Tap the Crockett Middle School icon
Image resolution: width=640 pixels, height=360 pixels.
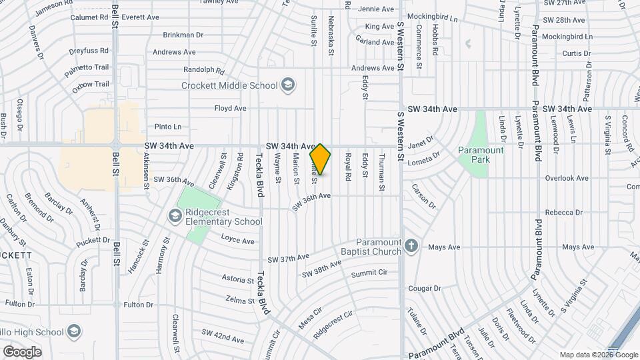click(x=287, y=85)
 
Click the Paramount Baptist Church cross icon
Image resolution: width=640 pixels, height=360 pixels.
click(x=411, y=246)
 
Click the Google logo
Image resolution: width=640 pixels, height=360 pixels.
click(x=22, y=351)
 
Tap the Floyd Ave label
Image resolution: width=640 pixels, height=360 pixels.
click(x=230, y=108)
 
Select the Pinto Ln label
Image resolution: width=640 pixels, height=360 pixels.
click(x=167, y=127)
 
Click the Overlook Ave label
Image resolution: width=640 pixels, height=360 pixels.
click(x=567, y=178)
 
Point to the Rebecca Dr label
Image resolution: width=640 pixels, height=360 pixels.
click(x=563, y=212)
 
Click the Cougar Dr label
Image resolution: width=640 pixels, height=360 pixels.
click(x=421, y=288)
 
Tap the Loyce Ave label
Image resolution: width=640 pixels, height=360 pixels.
click(x=238, y=241)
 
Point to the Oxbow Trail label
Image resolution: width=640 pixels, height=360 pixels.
click(x=91, y=84)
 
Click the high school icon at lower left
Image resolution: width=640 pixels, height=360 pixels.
click(x=73, y=331)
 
